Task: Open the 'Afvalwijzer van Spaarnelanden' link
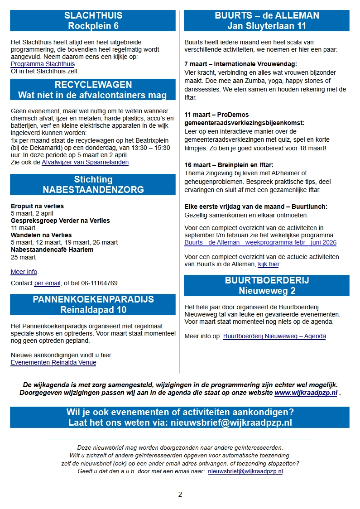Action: [85, 162]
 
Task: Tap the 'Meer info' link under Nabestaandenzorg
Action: [24, 272]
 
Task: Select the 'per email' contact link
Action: [47, 283]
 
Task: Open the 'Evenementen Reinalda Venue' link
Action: [53, 362]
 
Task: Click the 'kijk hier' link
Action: [269, 264]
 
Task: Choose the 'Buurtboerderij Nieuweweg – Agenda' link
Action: [274, 336]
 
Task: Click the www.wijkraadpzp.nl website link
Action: [306, 393]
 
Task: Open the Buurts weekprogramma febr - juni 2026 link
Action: [260, 242]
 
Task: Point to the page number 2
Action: [180, 494]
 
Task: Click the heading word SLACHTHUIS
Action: [93, 16]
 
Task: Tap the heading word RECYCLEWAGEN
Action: [93, 85]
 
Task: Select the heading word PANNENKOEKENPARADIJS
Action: [93, 299]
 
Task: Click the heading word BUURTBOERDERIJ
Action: [267, 280]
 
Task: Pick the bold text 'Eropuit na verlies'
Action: [37, 206]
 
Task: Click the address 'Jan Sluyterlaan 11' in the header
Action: [267, 26]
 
